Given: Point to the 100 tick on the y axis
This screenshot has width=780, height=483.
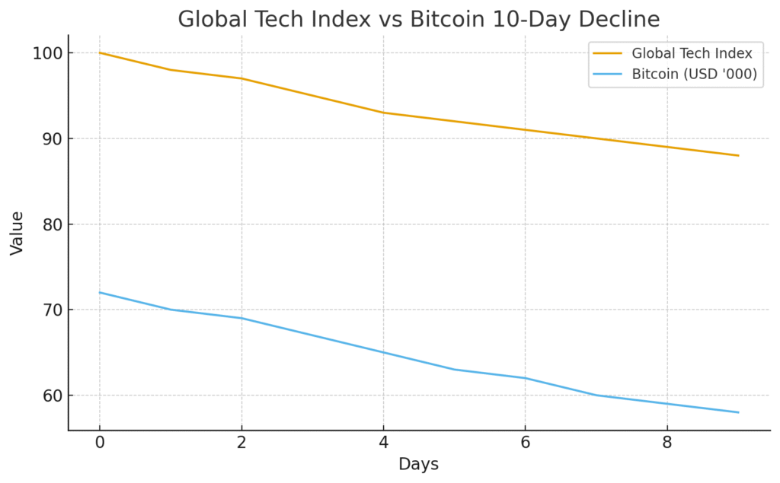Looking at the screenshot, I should [x=46, y=53].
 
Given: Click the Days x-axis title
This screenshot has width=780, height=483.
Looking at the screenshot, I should [x=418, y=464].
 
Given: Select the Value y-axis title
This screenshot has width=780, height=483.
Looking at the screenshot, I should [x=17, y=233].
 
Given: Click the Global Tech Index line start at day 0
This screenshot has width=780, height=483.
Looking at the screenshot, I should [x=100, y=53].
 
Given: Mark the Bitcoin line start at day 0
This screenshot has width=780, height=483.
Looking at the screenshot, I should [x=100, y=293].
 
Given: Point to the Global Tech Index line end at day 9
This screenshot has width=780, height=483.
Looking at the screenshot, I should [x=738, y=155].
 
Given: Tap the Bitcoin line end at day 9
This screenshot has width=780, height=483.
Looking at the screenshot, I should [x=738, y=412].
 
